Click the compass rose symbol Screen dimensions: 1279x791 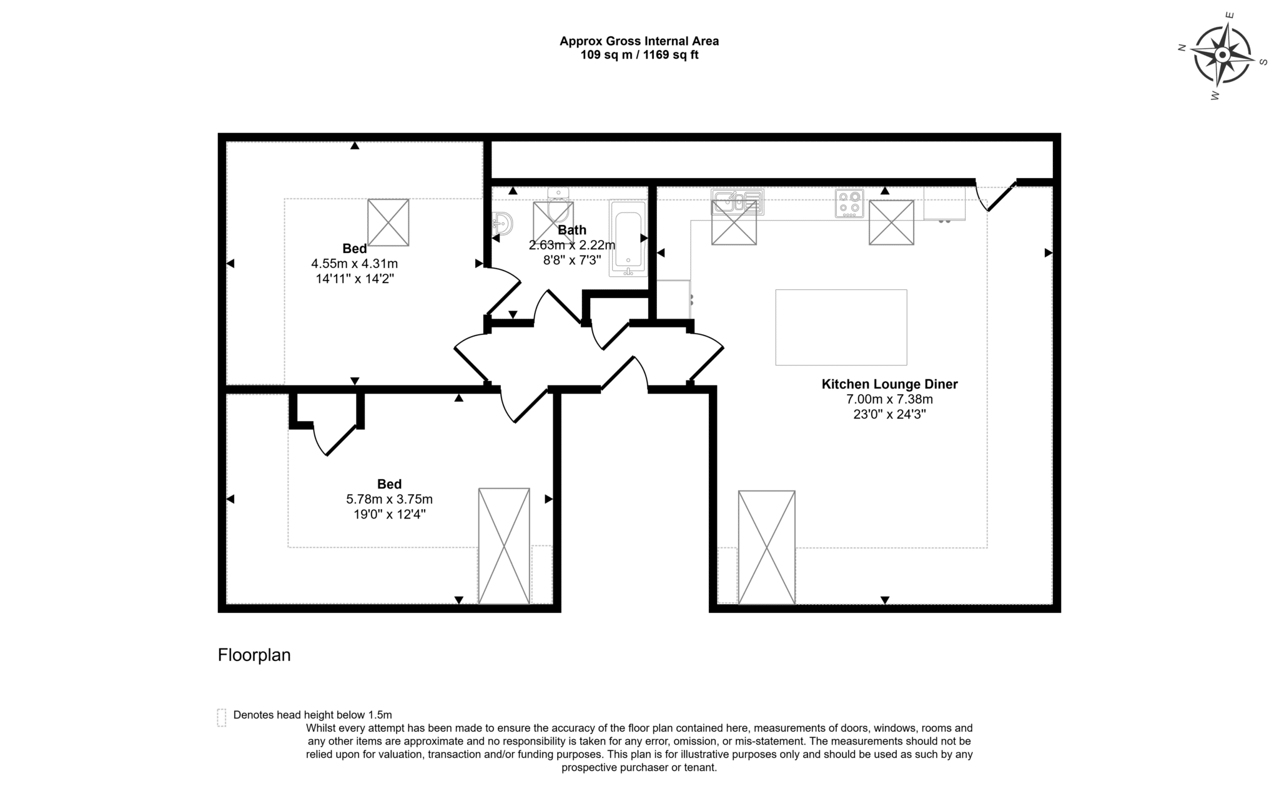click(x=1222, y=55)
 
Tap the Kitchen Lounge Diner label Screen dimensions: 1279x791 click(x=889, y=384)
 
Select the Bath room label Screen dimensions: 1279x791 click(x=572, y=230)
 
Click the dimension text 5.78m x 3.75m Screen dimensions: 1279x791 click(x=389, y=499)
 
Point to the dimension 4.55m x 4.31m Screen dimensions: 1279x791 click(x=355, y=264)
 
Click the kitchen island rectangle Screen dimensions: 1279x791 click(x=841, y=327)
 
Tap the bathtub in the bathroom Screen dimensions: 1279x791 click(x=628, y=238)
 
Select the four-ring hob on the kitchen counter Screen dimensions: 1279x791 click(x=849, y=203)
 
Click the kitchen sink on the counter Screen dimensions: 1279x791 click(x=737, y=202)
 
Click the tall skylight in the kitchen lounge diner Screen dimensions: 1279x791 click(x=766, y=547)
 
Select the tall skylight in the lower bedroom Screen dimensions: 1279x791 click(x=503, y=546)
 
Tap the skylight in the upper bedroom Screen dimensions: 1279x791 click(x=388, y=222)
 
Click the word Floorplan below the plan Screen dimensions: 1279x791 click(x=254, y=655)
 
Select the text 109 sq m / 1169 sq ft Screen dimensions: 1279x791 click(x=639, y=55)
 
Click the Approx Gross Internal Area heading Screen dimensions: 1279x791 click(x=639, y=41)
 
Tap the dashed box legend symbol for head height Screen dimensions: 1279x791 click(x=222, y=717)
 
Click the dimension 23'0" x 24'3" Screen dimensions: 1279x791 click(x=889, y=414)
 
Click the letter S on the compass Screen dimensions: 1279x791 click(x=1263, y=62)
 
